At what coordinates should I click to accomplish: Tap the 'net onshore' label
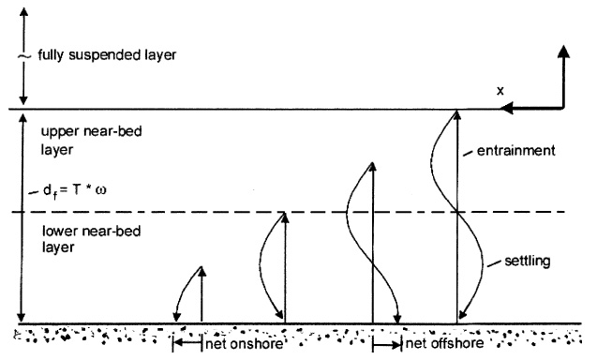pyautogui.click(x=241, y=344)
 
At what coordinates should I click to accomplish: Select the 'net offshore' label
pyautogui.click(x=443, y=344)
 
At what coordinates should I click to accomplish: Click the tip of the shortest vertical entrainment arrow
pyautogui.click(x=202, y=271)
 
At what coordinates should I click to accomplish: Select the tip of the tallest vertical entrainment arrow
pyautogui.click(x=456, y=114)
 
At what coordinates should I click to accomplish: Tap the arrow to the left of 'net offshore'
pyautogui.click(x=385, y=344)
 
